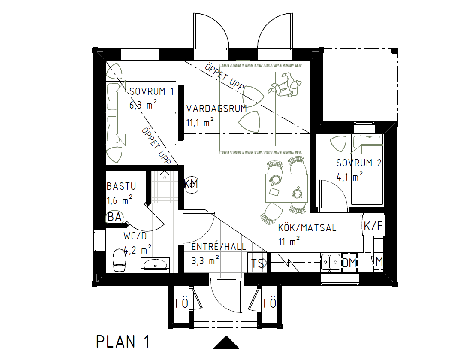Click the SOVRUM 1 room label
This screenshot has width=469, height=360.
click(x=152, y=91)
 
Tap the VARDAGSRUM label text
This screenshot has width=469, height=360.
click(x=216, y=109)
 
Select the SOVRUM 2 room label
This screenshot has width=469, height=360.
click(x=359, y=163)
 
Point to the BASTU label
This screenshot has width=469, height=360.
click(x=121, y=186)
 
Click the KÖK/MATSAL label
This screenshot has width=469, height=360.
click(x=307, y=227)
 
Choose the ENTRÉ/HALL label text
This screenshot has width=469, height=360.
click(x=219, y=247)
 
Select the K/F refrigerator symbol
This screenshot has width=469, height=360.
click(x=373, y=226)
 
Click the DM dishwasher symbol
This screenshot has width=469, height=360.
click(x=349, y=263)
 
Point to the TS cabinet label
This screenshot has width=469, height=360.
click(x=258, y=263)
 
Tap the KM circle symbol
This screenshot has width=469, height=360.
click(x=191, y=185)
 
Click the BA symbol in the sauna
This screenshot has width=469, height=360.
click(x=114, y=217)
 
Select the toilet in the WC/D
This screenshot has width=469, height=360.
click(x=119, y=260)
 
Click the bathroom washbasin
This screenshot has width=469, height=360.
click(x=155, y=264)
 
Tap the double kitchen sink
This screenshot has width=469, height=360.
click(x=331, y=262)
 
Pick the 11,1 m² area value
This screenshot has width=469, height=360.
click(x=200, y=123)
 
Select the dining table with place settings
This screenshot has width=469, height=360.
click(x=286, y=188)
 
